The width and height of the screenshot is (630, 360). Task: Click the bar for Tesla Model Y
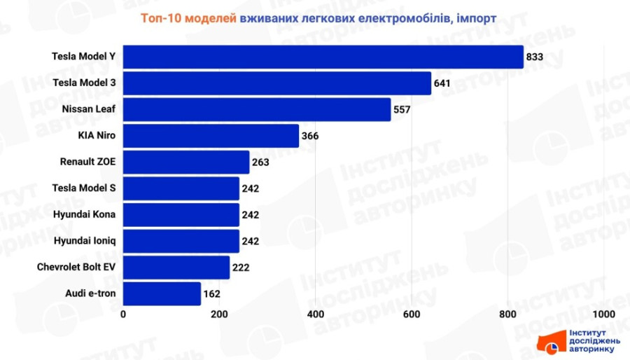click(323, 57)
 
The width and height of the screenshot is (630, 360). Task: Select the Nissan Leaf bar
click(257, 109)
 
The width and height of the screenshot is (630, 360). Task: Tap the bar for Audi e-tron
click(162, 293)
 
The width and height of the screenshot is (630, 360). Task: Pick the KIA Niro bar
click(211, 136)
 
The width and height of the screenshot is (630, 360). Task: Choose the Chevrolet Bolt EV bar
click(176, 267)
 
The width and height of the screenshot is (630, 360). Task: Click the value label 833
click(535, 57)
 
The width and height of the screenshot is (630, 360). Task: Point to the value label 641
click(442, 83)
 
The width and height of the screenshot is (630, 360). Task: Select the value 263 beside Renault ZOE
click(260, 162)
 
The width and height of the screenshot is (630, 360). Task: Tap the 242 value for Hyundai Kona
click(250, 215)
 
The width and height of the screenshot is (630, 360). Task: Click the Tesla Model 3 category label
click(84, 83)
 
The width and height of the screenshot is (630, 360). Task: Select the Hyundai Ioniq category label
click(85, 241)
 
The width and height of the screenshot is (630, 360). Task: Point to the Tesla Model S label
click(85, 188)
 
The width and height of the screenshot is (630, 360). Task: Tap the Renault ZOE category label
click(88, 162)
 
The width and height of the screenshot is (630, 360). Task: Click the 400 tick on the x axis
click(316, 313)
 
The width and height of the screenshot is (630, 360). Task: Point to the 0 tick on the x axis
click(124, 313)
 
